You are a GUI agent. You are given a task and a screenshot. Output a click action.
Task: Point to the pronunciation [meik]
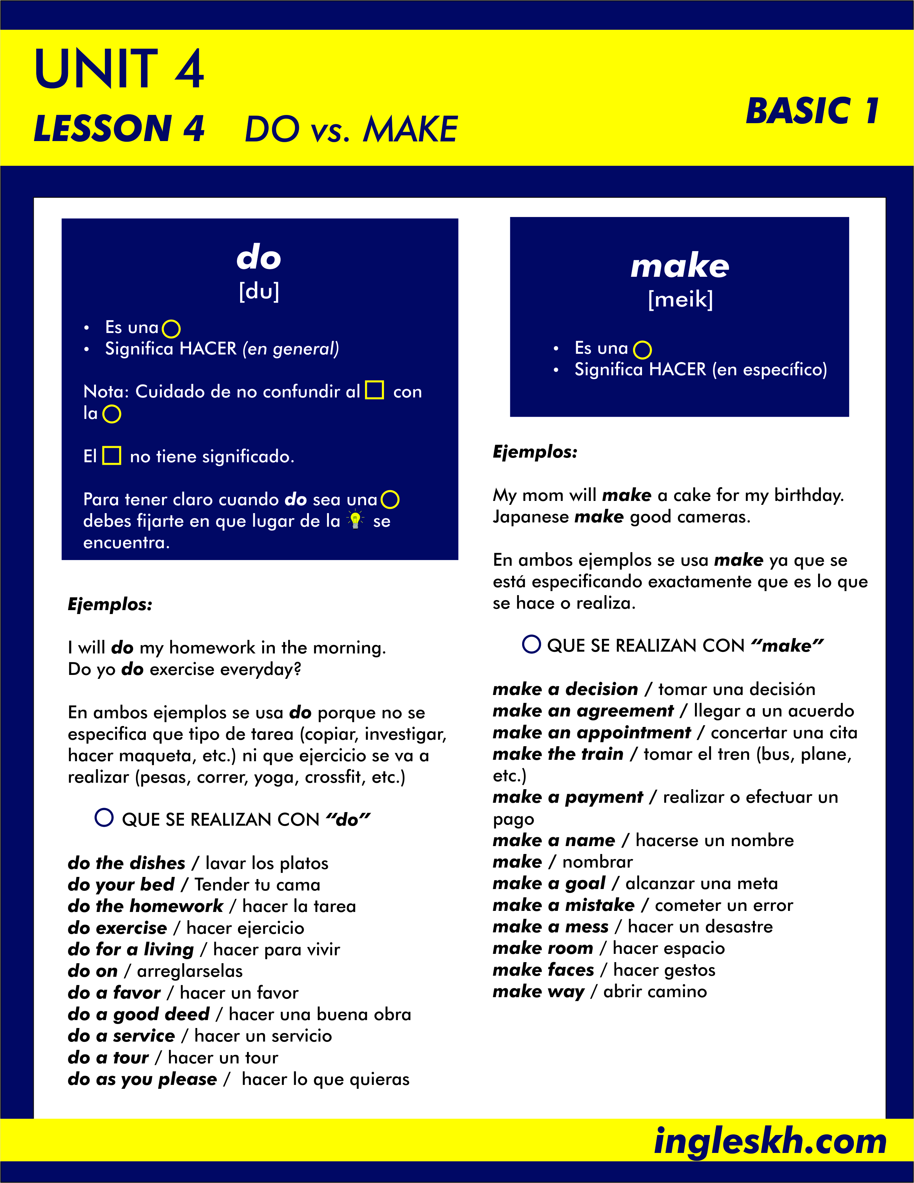point(680,299)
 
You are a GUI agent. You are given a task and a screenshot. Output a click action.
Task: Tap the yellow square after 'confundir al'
point(375,390)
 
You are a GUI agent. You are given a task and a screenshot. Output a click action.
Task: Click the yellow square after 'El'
point(112,455)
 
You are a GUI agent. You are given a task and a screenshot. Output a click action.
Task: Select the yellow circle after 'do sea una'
point(390,499)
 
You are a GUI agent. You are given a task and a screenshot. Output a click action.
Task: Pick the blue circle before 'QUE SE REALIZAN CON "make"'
point(531,644)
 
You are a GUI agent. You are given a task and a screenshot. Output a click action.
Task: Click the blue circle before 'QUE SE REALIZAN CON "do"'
point(104,817)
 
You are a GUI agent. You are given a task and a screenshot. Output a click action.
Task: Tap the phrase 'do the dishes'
point(127,863)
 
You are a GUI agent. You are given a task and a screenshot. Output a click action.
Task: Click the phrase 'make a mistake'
point(563,905)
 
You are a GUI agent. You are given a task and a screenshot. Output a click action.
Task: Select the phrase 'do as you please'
point(142,1079)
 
